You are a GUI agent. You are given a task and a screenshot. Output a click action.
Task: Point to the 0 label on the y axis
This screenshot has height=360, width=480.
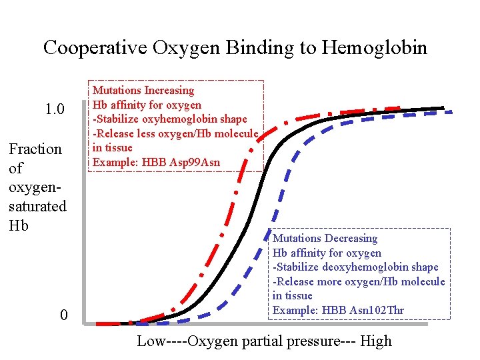click(x=63, y=315)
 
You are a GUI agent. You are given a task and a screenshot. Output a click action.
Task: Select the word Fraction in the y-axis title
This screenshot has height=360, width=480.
click(x=35, y=149)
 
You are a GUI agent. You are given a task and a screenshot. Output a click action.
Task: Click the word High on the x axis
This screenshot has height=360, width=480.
click(x=376, y=341)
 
